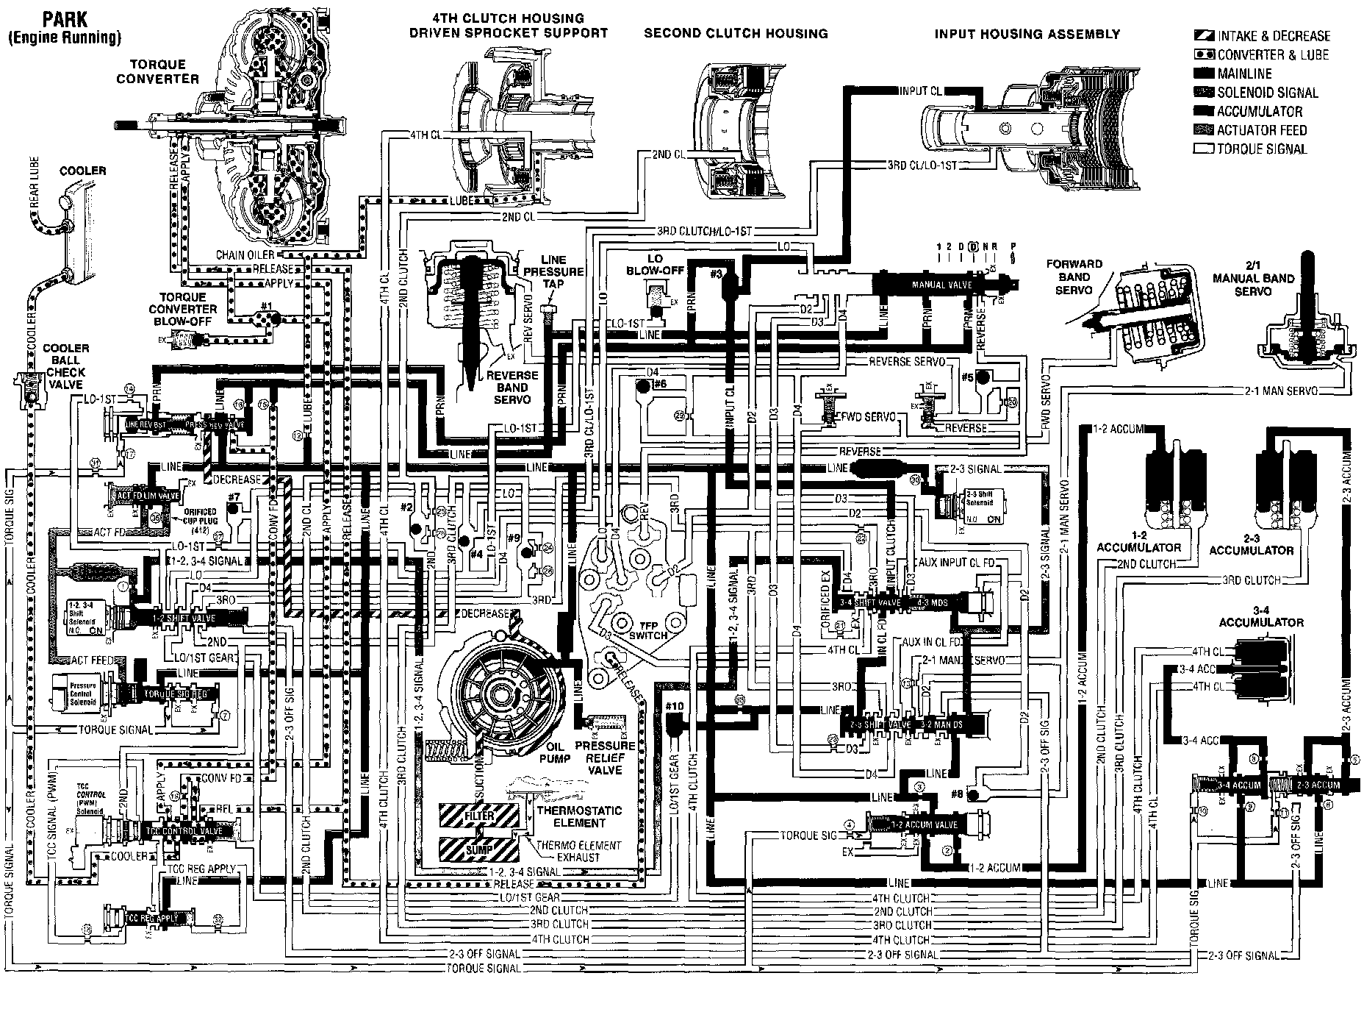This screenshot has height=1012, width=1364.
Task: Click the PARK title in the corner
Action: click(x=65, y=17)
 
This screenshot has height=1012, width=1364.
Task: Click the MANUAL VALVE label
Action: click(x=941, y=285)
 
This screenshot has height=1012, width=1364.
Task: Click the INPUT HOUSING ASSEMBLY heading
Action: click(x=1027, y=34)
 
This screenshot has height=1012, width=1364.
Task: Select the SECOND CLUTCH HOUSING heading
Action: click(x=736, y=34)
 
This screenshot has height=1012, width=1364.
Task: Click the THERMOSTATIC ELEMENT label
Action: click(x=579, y=816)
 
